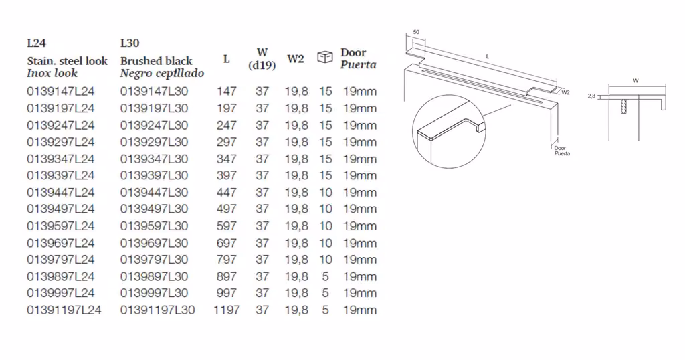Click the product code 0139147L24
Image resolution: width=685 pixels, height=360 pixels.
(61, 91)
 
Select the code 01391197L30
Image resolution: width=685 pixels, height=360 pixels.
(158, 310)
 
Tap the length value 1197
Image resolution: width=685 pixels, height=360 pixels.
(226, 310)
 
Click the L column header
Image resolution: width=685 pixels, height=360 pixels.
(226, 58)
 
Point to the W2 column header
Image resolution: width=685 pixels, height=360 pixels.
(295, 58)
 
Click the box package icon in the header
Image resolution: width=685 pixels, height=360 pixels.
(325, 57)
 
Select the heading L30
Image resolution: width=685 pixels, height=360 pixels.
(130, 43)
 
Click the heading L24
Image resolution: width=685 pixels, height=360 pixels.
(36, 43)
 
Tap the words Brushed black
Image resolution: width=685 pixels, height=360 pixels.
(157, 61)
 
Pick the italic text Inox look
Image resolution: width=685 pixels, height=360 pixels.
(52, 73)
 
